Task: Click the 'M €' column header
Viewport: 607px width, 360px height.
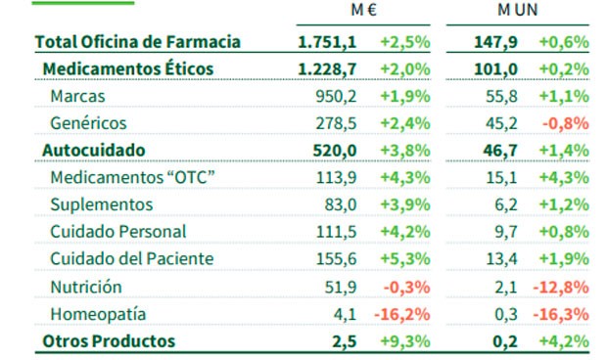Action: (364, 12)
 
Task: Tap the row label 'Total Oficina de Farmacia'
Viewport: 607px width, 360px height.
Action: (137, 42)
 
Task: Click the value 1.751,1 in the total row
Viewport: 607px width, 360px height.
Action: (327, 42)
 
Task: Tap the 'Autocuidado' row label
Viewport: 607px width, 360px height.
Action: (94, 150)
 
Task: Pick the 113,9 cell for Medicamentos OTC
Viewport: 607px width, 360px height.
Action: (335, 177)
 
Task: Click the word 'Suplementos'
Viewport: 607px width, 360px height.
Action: (101, 204)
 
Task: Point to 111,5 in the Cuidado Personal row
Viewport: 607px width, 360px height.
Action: (335, 232)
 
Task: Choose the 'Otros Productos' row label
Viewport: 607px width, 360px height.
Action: (108, 340)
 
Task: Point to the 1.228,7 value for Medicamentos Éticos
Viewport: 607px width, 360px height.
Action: (327, 68)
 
